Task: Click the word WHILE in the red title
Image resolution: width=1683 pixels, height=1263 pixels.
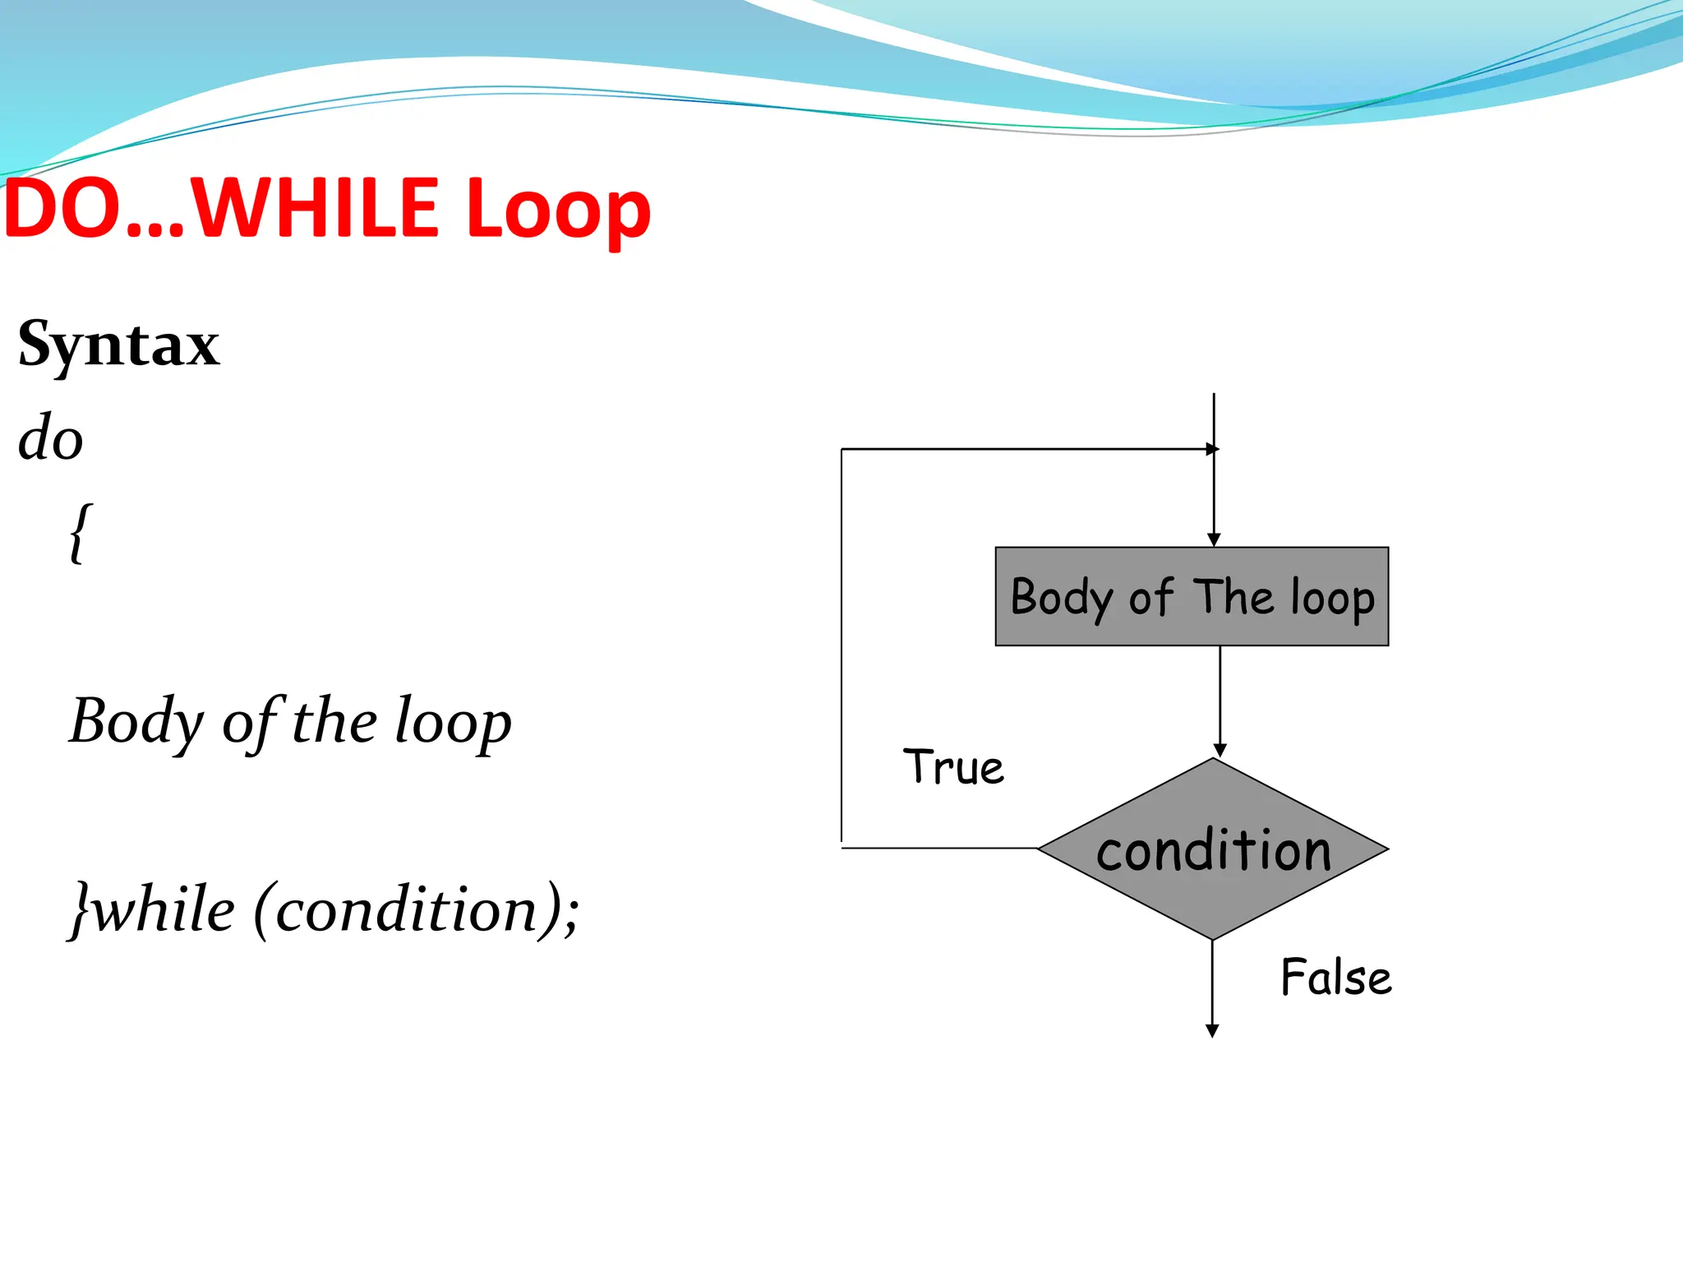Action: point(317,209)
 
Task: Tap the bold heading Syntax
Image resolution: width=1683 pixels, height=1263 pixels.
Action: point(119,345)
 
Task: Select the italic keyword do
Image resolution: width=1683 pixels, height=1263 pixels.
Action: point(51,437)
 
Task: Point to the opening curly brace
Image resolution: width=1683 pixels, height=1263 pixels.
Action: point(80,534)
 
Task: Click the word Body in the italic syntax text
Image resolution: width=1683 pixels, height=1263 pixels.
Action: point(136,722)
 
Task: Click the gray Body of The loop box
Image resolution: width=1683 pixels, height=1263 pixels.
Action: point(1192,596)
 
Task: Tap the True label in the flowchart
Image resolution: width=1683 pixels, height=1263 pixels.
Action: point(953,767)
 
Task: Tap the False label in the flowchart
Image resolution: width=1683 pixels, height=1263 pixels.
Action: point(1336,978)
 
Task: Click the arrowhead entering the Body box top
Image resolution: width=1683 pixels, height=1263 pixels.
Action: point(1214,540)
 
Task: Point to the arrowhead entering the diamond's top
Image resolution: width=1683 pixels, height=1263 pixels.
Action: point(1220,750)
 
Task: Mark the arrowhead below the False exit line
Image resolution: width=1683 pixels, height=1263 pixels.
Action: point(1211,1031)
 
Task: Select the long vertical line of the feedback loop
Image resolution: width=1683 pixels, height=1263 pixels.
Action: point(841,650)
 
